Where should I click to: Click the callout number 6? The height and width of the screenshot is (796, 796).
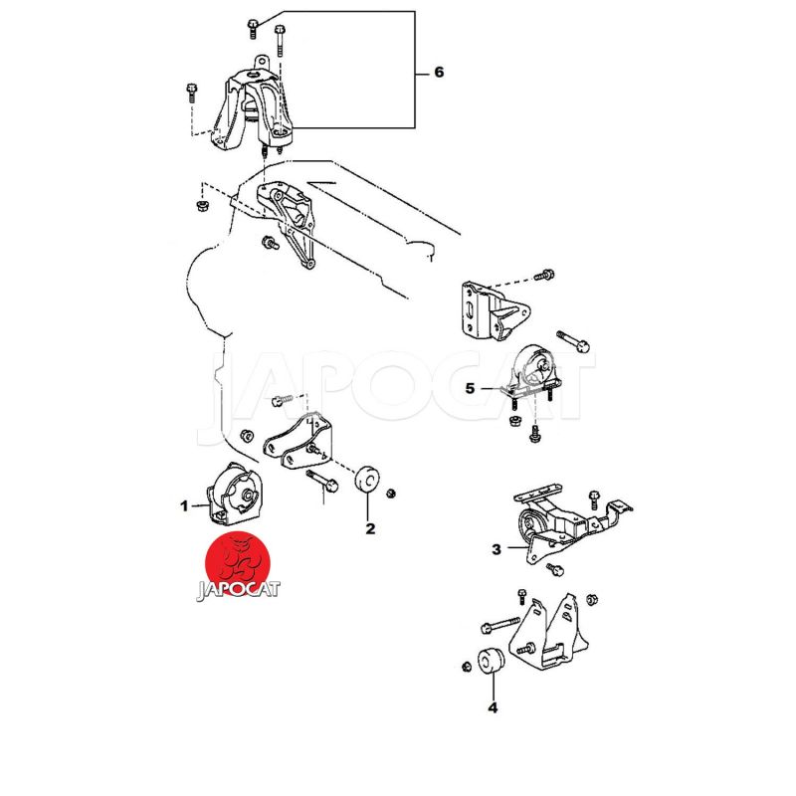(x=439, y=74)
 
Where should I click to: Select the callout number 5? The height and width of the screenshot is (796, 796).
(x=470, y=389)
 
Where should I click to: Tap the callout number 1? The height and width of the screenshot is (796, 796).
(x=184, y=505)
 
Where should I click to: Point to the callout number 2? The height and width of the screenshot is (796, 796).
(x=370, y=528)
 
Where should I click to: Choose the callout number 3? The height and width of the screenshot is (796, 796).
(x=497, y=548)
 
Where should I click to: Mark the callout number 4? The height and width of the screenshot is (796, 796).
(x=493, y=708)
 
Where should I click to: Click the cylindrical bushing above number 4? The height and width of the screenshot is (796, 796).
(x=489, y=661)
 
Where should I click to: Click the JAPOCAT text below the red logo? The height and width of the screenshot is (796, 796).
(x=239, y=589)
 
